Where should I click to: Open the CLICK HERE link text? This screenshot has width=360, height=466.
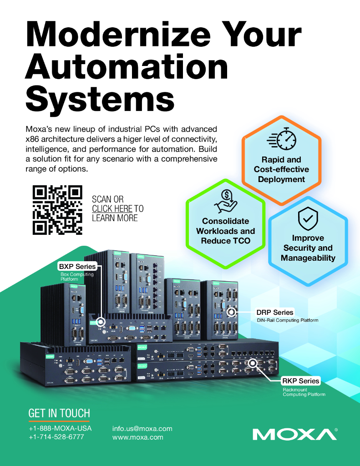[112, 209]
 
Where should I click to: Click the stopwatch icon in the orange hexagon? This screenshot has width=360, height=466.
[281, 139]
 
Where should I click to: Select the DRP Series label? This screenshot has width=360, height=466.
[274, 313]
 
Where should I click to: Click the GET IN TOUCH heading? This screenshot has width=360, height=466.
[59, 413]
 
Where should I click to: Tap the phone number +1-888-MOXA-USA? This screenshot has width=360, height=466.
[60, 429]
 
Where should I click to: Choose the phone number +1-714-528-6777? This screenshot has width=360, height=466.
[56, 437]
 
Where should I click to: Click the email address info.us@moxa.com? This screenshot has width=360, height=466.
[142, 429]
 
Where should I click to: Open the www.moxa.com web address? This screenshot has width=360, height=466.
[137, 437]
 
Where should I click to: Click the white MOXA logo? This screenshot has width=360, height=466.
[294, 434]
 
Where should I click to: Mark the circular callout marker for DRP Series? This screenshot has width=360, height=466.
[231, 312]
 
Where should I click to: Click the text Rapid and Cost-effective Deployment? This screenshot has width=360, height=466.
[281, 169]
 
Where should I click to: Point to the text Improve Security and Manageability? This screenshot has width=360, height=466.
[308, 248]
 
